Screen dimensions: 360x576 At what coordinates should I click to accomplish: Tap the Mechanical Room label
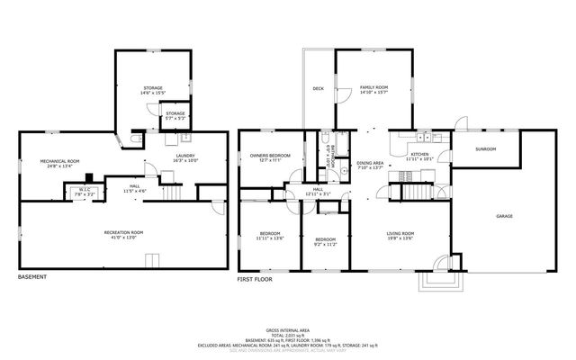(x=59, y=163)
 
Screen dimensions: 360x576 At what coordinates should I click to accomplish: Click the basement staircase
(x=171, y=193)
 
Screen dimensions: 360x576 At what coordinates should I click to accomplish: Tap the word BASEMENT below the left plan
(x=34, y=277)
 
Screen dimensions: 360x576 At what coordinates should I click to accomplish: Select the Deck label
(x=318, y=89)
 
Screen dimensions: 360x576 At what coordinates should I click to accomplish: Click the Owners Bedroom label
(x=270, y=157)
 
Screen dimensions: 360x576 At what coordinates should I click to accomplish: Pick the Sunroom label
(x=486, y=148)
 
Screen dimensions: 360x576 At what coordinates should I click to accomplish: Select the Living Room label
(x=400, y=235)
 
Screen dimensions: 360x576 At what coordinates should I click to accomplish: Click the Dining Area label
(x=370, y=165)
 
